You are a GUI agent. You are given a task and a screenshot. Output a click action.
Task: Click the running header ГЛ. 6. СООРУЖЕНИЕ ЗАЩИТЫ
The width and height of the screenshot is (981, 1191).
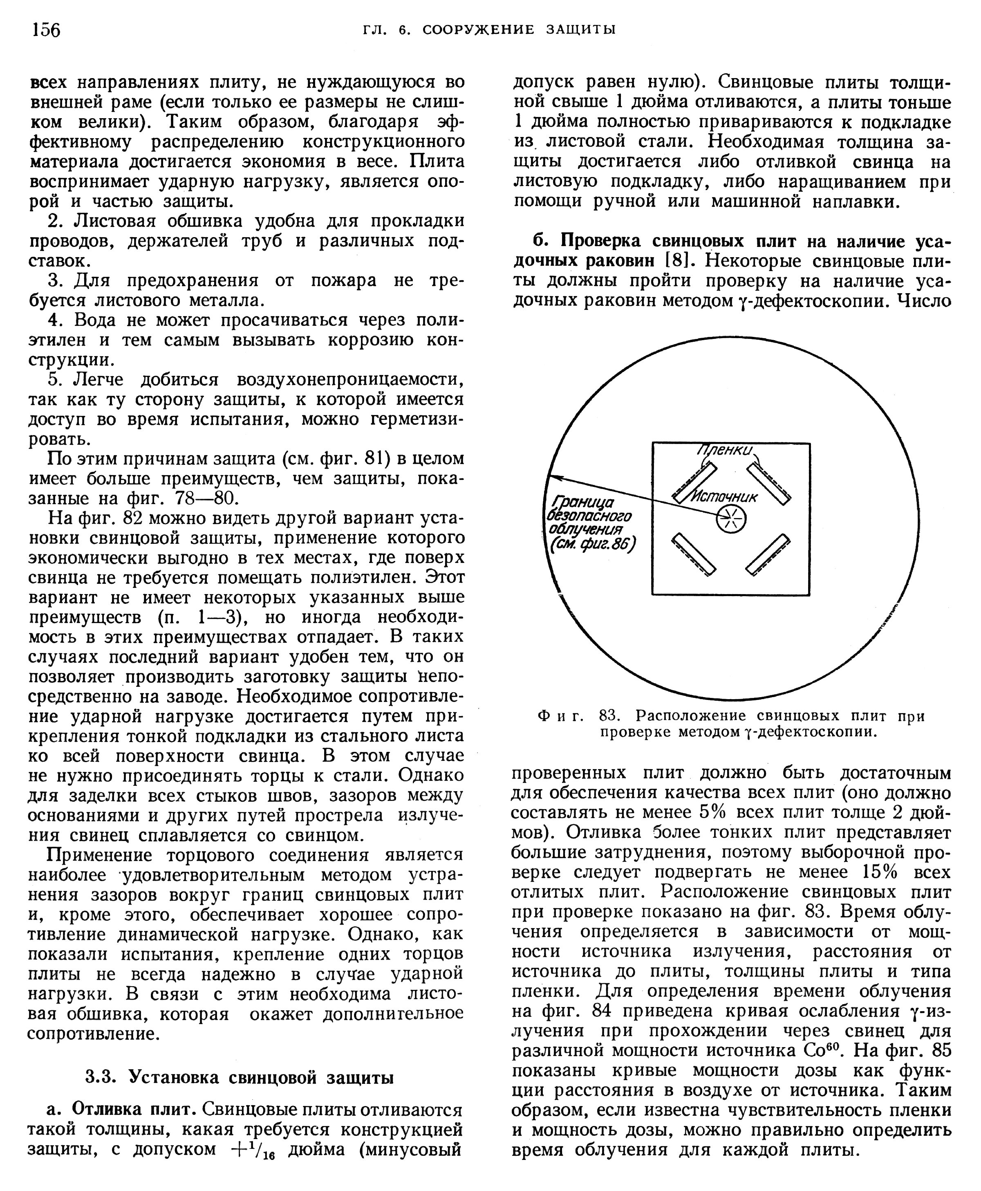pyautogui.click(x=489, y=29)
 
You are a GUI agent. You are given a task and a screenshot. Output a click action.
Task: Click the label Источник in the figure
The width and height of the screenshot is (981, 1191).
pyautogui.click(x=725, y=496)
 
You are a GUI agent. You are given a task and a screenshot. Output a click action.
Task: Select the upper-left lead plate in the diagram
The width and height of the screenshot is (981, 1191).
pyautogui.click(x=694, y=482)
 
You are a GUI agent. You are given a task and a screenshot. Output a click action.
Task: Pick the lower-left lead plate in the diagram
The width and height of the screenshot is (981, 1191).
pyautogui.click(x=693, y=554)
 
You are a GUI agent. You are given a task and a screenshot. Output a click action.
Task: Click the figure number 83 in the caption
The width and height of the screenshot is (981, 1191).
pyautogui.click(x=610, y=716)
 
